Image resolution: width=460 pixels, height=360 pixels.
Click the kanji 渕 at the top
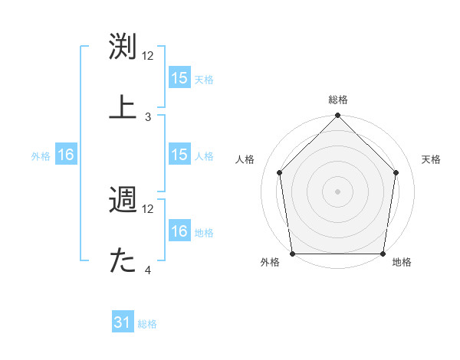123,47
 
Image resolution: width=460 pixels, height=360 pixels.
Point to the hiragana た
123,260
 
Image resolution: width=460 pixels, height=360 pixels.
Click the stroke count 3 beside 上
148,117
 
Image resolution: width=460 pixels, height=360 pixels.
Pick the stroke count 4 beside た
148,270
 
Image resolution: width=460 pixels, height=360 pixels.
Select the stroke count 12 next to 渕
149,56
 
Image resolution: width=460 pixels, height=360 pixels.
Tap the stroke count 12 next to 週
149,208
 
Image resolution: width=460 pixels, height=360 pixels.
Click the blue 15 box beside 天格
179,78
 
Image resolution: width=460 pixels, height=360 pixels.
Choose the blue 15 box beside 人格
179,155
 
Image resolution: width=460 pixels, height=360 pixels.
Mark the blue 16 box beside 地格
179,231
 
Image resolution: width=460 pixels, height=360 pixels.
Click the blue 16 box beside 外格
66,155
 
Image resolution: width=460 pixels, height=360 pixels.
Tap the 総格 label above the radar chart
338,100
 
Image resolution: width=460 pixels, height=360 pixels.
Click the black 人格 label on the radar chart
245,159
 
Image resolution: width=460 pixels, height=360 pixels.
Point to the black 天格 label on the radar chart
431,159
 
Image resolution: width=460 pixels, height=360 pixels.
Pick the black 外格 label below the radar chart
270,263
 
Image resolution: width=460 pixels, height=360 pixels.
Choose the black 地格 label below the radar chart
402,263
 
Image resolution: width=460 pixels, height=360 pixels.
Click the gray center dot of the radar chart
337,191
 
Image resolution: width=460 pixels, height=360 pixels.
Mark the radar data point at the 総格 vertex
337,116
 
